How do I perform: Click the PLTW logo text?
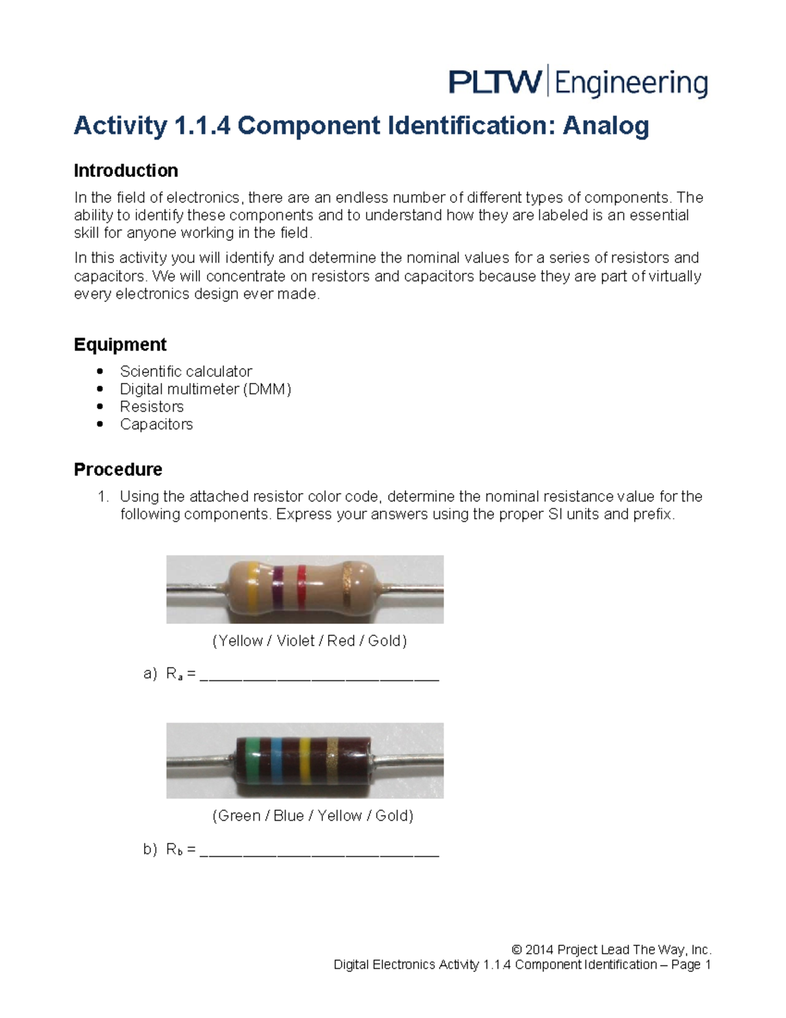495,83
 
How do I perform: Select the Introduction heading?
126,171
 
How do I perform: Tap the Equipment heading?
120,345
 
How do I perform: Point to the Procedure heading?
118,469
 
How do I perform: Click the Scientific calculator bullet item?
186,372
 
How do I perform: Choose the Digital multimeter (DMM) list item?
205,389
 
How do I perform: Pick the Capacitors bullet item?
156,425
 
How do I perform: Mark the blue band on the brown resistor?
276,760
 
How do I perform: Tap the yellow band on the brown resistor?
304,760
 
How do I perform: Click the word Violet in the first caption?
295,641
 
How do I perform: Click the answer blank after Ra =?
319,675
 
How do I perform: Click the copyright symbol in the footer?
517,950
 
